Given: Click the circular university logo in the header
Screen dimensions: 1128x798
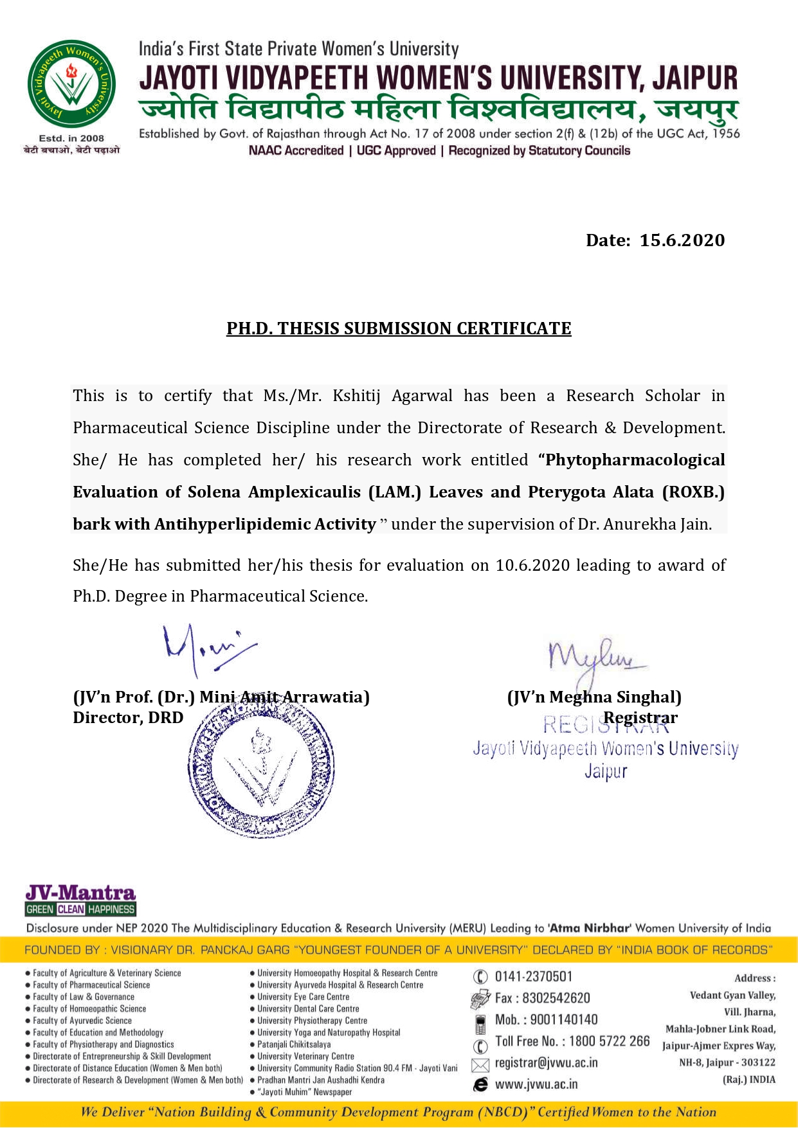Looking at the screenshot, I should (x=71, y=84).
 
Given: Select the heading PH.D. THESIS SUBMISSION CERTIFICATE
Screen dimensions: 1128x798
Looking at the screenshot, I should (x=399, y=328).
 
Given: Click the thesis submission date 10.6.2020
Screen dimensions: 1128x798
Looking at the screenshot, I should (x=532, y=566).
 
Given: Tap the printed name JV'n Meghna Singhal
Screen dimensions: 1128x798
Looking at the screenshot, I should (x=594, y=697).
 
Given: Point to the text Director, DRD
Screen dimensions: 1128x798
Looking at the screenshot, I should (x=128, y=718).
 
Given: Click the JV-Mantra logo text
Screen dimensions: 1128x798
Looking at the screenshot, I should (x=80, y=893).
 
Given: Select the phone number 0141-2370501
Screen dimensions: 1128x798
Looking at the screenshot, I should (x=533, y=977).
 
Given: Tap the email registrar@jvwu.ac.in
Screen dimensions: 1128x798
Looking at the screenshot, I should (x=546, y=1063).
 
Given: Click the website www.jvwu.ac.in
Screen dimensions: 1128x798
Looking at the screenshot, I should (x=536, y=1084).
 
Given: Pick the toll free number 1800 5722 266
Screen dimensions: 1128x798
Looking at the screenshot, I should (x=609, y=1041).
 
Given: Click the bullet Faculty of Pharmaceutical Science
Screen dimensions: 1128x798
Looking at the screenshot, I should (x=91, y=985).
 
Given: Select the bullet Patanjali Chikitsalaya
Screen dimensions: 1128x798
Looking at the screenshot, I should (x=294, y=1044).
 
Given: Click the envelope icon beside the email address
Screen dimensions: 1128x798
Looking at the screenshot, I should (x=480, y=1064).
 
